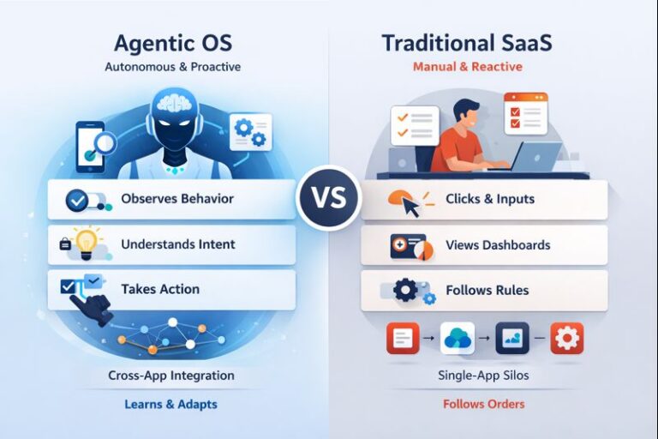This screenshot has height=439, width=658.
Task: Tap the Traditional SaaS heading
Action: [x=467, y=43]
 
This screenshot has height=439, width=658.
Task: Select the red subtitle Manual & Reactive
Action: [x=467, y=66]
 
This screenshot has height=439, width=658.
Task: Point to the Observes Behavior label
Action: [x=177, y=199]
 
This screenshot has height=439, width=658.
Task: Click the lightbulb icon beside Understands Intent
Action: [x=86, y=244]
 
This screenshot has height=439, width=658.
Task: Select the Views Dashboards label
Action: [x=498, y=245]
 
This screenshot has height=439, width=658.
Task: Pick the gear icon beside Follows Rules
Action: [x=405, y=291]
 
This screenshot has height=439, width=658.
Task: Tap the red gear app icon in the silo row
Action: [x=566, y=338]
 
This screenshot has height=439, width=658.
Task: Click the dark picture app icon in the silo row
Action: [x=511, y=338]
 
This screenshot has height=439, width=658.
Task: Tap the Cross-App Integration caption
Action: [x=171, y=376]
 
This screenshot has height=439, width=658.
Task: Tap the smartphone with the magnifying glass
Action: [x=92, y=145]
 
